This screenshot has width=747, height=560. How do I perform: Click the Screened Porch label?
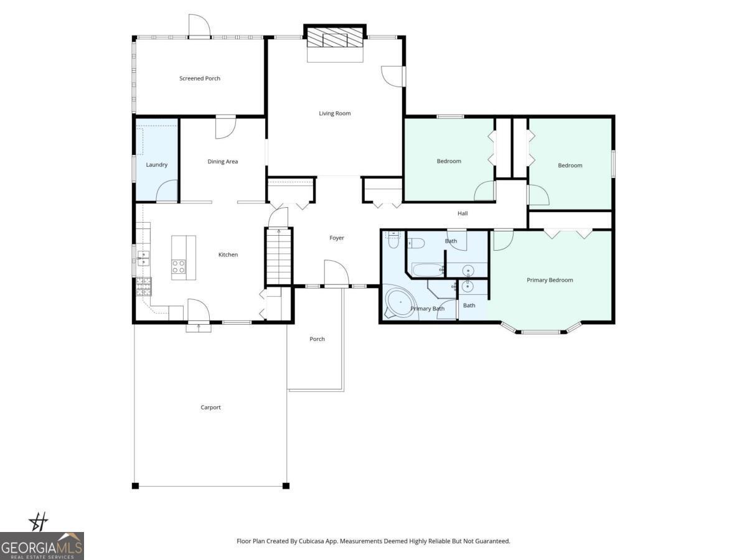200,78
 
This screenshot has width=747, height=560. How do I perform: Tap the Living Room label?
335,113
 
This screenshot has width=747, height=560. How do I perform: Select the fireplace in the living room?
336,40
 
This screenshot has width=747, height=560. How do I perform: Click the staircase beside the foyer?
279,256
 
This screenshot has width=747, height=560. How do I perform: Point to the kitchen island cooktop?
179,267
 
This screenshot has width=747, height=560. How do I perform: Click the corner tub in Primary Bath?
398,303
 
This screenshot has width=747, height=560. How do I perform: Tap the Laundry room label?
157,165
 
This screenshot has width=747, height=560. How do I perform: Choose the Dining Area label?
223,162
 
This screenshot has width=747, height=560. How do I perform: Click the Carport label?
211,408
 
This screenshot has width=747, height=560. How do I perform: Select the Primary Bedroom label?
550,280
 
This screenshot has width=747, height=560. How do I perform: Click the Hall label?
463,213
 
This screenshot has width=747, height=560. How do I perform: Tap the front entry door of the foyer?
336,274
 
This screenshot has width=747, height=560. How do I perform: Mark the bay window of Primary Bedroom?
540,330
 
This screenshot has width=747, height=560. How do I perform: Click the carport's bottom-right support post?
286,485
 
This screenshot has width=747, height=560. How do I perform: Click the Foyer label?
336,238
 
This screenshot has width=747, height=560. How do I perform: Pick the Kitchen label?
228,254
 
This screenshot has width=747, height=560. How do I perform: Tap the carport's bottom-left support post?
135,485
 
